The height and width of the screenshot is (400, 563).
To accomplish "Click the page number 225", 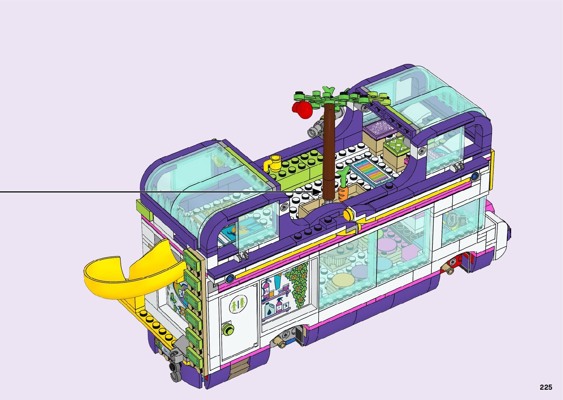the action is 546,387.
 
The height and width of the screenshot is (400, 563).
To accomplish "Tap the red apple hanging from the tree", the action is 302,109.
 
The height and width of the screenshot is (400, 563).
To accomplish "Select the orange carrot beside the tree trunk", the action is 342,189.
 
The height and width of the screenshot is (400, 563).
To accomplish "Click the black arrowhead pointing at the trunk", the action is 317,192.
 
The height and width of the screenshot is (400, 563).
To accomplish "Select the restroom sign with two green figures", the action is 238,304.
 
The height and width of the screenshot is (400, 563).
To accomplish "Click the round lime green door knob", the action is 228,329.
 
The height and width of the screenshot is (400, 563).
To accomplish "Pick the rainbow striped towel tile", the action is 370,172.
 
